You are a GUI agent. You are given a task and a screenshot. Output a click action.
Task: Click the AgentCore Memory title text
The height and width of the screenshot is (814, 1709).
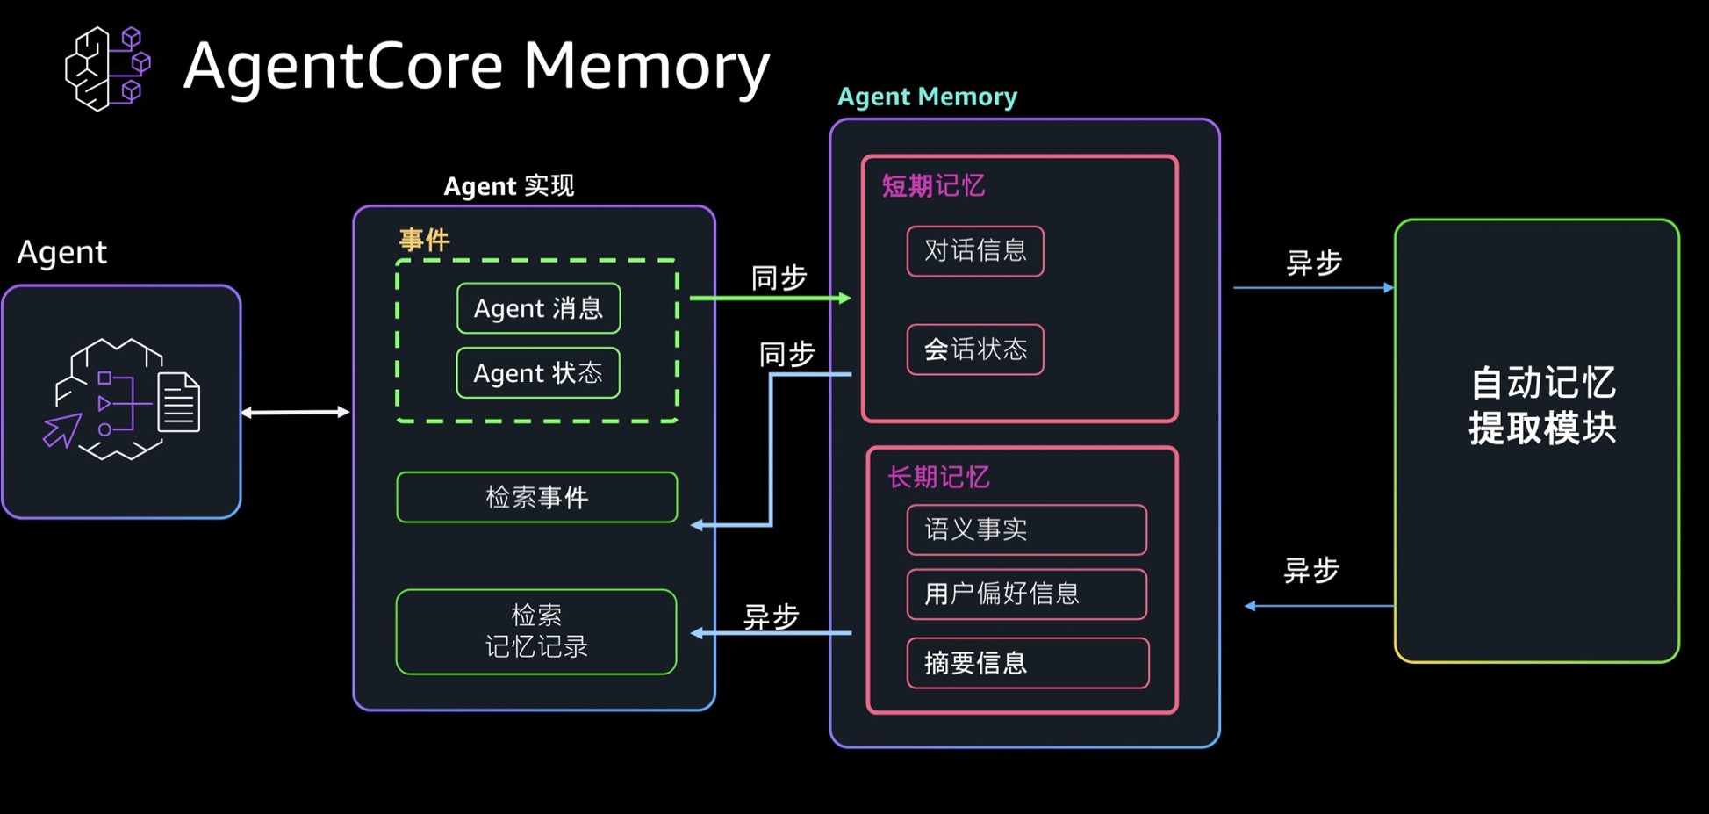(x=476, y=67)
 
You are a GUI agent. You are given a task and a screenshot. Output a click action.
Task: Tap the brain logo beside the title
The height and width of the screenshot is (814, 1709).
(x=107, y=68)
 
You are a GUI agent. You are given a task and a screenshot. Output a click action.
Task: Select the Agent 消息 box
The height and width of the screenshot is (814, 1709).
(x=538, y=308)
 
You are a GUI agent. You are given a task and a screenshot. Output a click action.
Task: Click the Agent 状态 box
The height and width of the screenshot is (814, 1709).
(x=538, y=373)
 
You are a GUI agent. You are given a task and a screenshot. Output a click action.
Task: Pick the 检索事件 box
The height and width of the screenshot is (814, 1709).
(x=536, y=498)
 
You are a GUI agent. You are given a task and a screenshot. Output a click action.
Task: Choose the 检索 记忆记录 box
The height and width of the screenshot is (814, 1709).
(x=536, y=631)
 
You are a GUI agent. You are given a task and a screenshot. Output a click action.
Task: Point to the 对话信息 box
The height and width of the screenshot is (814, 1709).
(x=975, y=251)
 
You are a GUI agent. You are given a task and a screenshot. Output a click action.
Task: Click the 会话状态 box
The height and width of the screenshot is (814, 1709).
(x=975, y=349)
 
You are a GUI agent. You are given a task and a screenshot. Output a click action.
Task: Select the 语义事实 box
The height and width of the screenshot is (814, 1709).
(x=1026, y=529)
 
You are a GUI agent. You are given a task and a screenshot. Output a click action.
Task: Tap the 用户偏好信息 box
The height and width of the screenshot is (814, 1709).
(x=1026, y=594)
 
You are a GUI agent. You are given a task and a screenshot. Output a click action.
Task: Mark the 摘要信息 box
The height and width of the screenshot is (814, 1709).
(x=1027, y=663)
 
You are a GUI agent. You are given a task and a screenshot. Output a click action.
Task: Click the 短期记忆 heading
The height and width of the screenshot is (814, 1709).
(x=933, y=186)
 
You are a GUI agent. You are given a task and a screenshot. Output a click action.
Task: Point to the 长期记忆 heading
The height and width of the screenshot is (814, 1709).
(x=938, y=478)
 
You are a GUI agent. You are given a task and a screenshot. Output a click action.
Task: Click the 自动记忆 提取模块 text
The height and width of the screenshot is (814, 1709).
(x=1542, y=406)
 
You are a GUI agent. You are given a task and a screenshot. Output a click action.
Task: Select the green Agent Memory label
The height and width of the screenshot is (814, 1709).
(x=927, y=97)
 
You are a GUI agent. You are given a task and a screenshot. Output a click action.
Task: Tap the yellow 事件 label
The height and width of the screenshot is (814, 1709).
(x=425, y=240)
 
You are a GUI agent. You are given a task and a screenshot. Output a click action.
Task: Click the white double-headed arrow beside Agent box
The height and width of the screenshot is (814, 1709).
(x=296, y=412)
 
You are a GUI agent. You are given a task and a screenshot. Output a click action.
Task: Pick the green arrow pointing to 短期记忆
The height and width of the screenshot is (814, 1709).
(x=770, y=299)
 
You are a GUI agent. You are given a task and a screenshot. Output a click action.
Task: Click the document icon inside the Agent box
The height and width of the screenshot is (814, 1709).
(x=179, y=403)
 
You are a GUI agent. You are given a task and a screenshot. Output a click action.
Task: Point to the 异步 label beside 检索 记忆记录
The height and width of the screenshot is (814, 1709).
(x=771, y=616)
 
